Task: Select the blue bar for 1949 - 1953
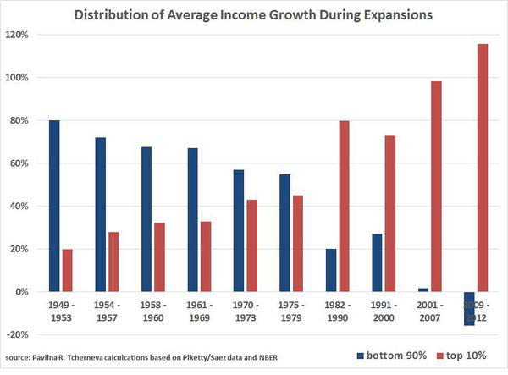point(54,206)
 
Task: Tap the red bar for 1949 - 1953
point(68,270)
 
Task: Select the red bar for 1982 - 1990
point(344,206)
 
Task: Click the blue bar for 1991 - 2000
point(377,262)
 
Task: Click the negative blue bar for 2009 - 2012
point(469,308)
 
